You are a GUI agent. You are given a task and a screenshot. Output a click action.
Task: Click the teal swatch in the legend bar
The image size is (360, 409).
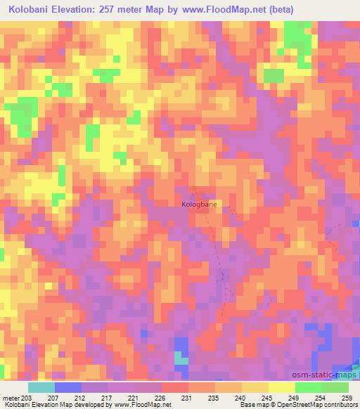point(41,387)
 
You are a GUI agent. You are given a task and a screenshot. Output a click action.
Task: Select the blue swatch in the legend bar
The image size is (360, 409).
point(68,387)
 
